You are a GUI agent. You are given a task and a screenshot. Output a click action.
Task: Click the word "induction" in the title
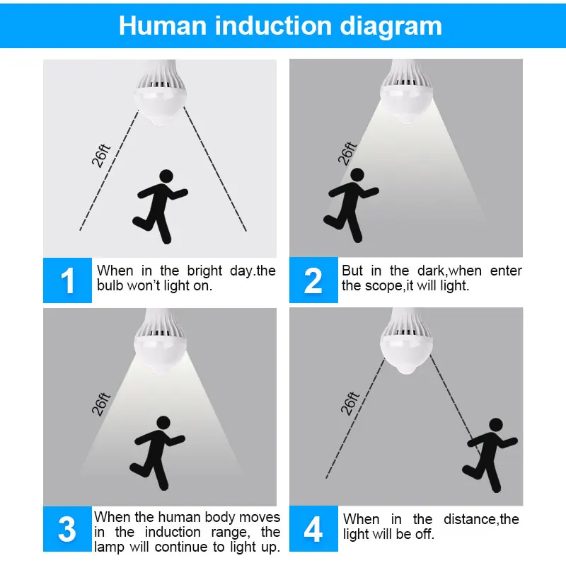[274, 25]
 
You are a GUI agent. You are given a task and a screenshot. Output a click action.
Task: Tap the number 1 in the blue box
[67, 280]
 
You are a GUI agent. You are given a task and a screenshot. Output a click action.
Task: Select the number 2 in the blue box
[313, 280]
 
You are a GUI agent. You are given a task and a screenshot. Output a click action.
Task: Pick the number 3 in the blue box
[67, 529]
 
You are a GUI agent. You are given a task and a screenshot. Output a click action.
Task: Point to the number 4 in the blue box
[313, 529]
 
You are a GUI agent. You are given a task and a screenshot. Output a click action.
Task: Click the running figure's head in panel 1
[166, 176]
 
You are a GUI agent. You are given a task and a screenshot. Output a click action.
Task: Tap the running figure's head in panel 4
[496, 426]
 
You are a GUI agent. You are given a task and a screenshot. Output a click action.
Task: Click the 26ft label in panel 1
[100, 156]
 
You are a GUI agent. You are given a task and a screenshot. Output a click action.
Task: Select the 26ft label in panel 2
[347, 154]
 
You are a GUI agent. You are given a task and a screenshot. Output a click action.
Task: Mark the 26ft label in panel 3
[100, 404]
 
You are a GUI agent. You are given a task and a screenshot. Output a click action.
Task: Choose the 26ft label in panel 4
[350, 403]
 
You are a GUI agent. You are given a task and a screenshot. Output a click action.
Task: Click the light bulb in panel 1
[160, 93]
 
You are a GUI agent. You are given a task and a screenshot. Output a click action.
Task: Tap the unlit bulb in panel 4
[406, 341]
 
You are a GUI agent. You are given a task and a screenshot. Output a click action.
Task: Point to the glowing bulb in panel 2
[406, 92]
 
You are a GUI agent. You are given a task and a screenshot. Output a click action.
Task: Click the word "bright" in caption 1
[204, 271]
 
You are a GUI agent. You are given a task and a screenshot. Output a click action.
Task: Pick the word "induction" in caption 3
[173, 533]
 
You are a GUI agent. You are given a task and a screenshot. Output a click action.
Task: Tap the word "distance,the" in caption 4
[482, 519]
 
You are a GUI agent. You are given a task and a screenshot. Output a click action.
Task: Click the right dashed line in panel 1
[215, 169]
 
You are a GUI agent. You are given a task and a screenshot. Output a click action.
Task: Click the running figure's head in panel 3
[163, 423]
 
